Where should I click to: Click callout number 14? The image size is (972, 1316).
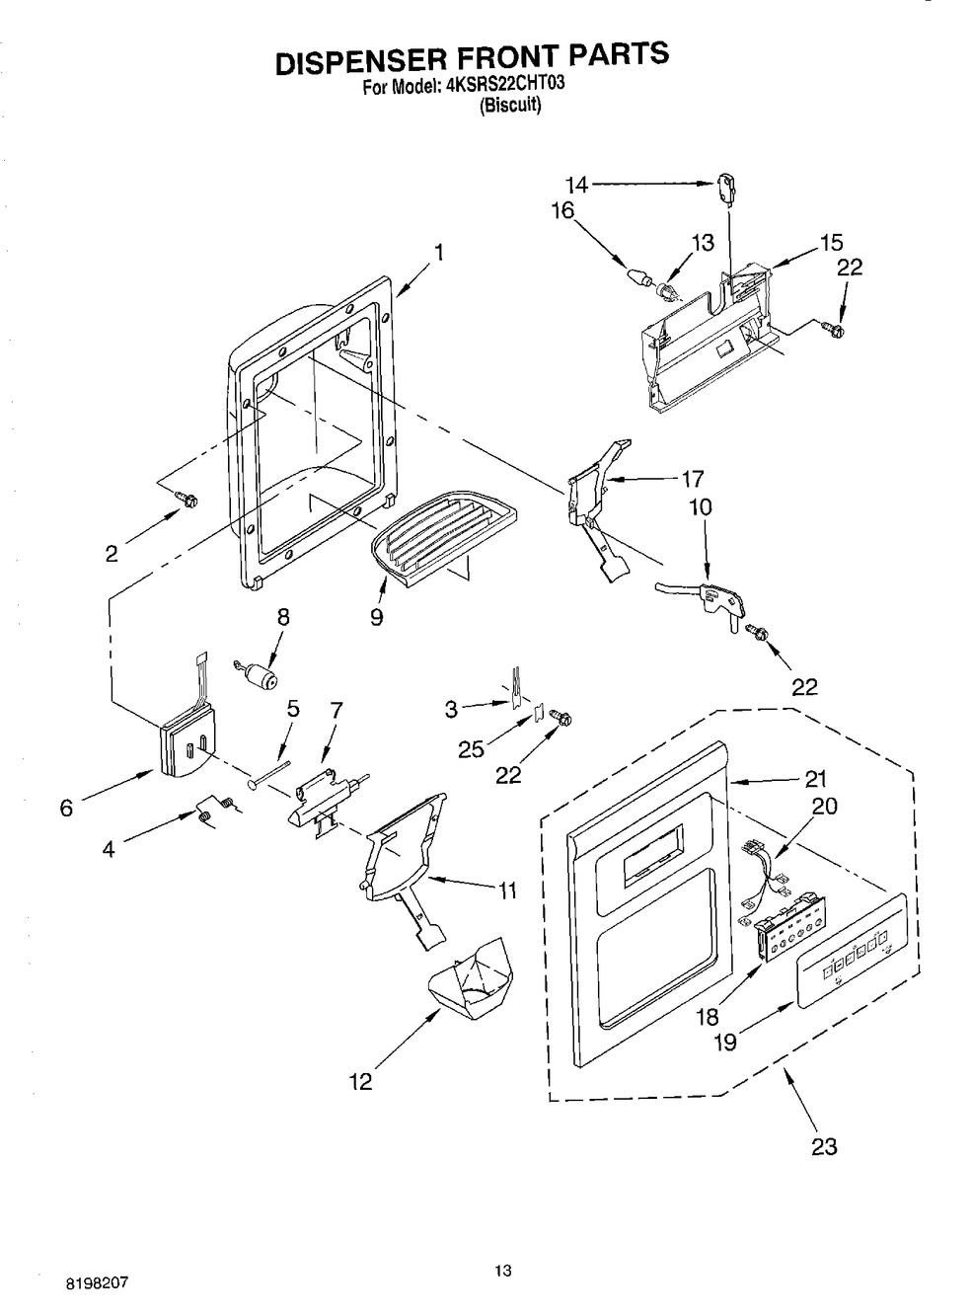tap(576, 186)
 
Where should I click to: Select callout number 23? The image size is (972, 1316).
tap(824, 1147)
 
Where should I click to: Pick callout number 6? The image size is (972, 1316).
tap(66, 809)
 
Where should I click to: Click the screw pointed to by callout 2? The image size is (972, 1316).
tap(188, 502)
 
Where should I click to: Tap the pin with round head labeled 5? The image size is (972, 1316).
tap(269, 774)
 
